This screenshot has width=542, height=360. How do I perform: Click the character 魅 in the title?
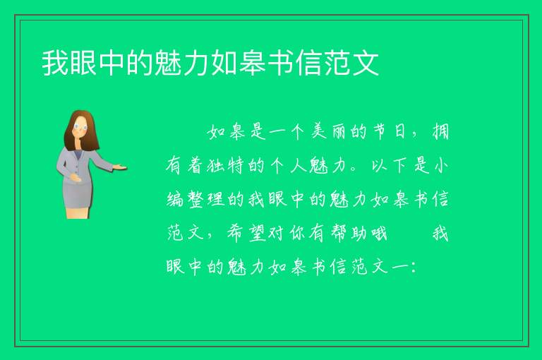coord(168,63)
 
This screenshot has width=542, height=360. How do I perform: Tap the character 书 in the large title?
coord(281,63)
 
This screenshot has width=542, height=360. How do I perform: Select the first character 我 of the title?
coord(55,63)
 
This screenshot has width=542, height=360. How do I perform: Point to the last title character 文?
coord(366,63)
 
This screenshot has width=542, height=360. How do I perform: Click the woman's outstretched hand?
coord(119,167)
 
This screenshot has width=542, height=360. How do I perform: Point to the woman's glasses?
coord(80,126)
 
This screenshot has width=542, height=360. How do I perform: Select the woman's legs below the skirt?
coord(78,212)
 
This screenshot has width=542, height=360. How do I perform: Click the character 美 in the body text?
coord(318,131)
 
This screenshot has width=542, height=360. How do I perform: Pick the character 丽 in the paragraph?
coord(339,131)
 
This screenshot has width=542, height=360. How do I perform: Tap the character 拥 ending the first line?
coord(440,131)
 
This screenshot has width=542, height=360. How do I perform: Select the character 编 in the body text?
coord(175,200)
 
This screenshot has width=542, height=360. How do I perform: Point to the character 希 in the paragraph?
coord(235,234)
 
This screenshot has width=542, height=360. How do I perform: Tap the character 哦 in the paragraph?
coord(379,234)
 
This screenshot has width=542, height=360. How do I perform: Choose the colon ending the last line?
coord(414,268)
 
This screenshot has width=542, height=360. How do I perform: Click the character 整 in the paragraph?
coord(195,200)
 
